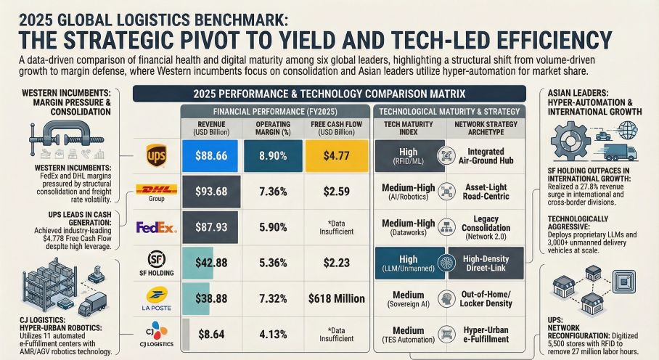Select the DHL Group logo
(x=156, y=192)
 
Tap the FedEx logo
(x=156, y=228)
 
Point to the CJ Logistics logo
(x=156, y=333)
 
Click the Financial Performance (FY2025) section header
(x=274, y=111)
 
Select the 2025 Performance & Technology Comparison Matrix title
(x=329, y=94)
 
